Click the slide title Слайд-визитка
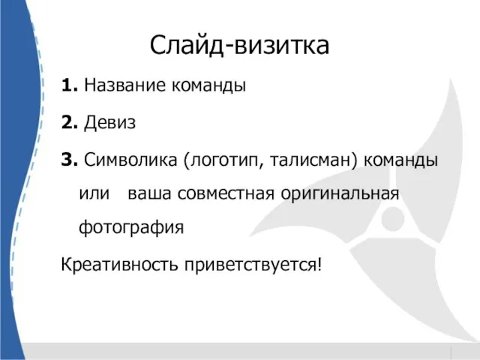239,46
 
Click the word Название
124,85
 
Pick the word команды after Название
208,85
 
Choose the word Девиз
109,123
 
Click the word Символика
130,160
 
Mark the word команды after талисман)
400,160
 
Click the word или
94,193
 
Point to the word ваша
149,193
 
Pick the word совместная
226,193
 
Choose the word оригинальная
340,195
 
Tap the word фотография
131,228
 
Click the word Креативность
119,265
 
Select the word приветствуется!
253,265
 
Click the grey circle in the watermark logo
393,218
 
